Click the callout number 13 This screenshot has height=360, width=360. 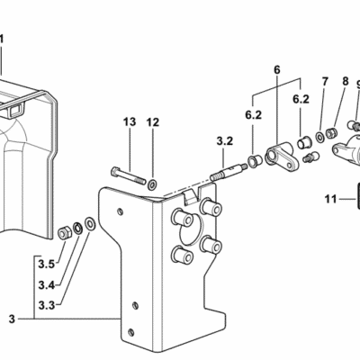click(130, 121)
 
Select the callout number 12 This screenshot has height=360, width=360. click(153, 122)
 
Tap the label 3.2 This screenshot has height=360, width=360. click(225, 140)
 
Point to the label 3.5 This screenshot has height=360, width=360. click(47, 265)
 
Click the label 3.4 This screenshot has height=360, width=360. click(47, 285)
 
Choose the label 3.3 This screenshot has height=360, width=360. click(47, 305)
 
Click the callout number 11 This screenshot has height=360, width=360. click(331, 199)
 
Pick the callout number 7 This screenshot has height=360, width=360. click(325, 82)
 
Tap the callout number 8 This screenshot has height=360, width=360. click(346, 81)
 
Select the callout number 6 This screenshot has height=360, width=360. click(276, 70)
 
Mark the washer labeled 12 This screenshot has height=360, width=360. click(152, 184)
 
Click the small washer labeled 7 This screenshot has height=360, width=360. click(319, 138)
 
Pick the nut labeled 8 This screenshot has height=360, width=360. click(330, 132)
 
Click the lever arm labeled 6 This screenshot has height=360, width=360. click(282, 157)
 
